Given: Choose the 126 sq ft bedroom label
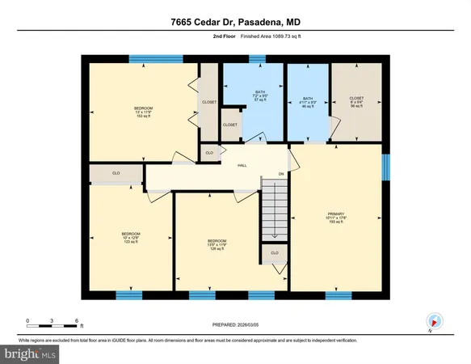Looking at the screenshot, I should (217, 244).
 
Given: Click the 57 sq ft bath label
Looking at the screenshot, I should (259, 95).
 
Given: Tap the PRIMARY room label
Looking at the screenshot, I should (336, 218).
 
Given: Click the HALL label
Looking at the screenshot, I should (242, 166).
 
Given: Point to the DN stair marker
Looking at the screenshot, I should (280, 174).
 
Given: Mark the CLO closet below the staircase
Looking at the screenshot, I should (275, 252).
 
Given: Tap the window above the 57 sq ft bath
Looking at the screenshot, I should (257, 57).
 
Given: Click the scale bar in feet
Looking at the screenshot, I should (52, 324).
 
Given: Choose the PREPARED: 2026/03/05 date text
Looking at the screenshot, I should (235, 327).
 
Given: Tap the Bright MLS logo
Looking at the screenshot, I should (30, 353).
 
